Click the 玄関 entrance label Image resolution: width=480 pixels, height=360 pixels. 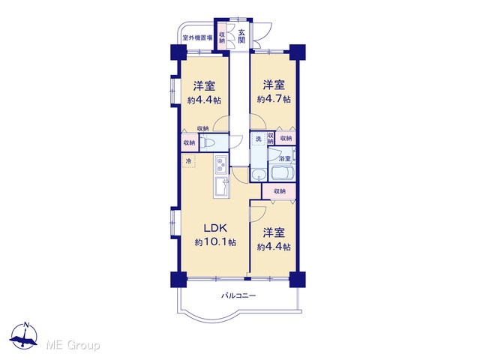(x=241, y=36)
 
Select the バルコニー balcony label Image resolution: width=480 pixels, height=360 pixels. (x=238, y=295)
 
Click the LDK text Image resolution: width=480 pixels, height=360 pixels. (x=215, y=228)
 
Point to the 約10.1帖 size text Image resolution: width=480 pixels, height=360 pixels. (x=215, y=242)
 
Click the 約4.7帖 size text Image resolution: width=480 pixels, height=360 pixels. (x=274, y=99)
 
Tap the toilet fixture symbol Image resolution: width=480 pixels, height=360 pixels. (x=208, y=142)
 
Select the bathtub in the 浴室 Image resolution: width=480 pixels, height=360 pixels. (x=281, y=174)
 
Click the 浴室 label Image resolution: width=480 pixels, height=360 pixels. (x=285, y=158)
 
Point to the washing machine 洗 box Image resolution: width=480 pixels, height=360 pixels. (x=258, y=139)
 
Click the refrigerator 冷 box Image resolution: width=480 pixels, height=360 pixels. (x=188, y=161)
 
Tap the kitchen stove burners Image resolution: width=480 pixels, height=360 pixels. (x=220, y=165)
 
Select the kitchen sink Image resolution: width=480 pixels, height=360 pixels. (x=221, y=186)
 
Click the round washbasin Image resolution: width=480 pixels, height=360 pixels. (x=259, y=175)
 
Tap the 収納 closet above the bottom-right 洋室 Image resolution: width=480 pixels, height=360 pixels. (x=279, y=191)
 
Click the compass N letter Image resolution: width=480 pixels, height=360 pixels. (x=27, y=325)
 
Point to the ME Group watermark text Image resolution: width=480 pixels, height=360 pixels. (x=73, y=345)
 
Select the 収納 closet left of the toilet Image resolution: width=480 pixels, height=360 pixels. (x=190, y=142)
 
